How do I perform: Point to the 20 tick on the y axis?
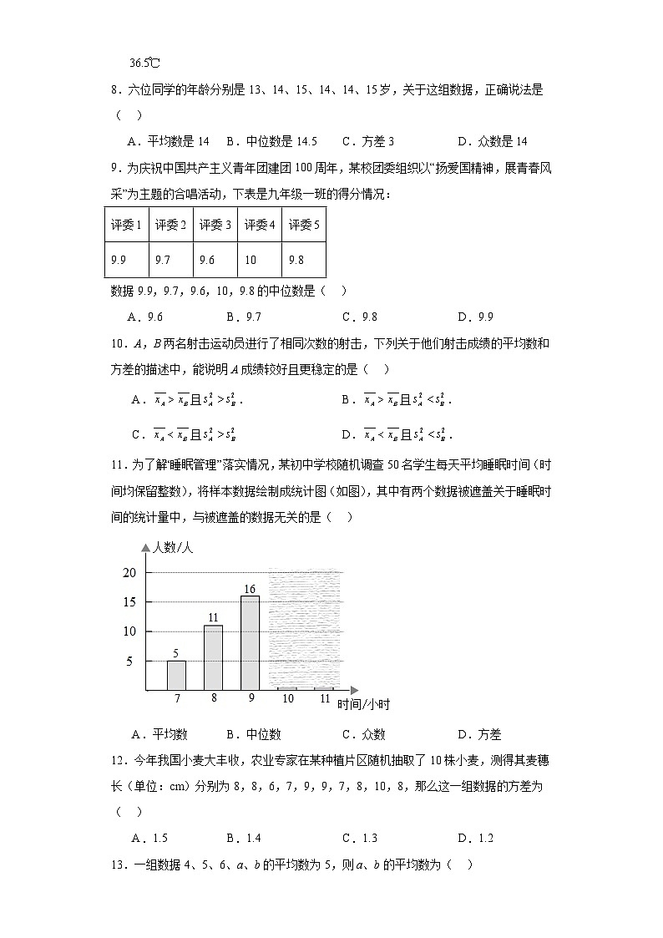pos(129,573)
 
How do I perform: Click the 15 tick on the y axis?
pos(129,602)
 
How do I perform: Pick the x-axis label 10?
pos(287,699)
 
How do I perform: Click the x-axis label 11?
pos(325,699)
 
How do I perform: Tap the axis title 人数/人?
pos(172,548)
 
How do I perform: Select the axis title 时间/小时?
pos(363,704)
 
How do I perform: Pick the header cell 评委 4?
pos(259,225)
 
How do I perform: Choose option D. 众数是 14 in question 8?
pos(493,141)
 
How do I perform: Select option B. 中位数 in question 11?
pos(253,734)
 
